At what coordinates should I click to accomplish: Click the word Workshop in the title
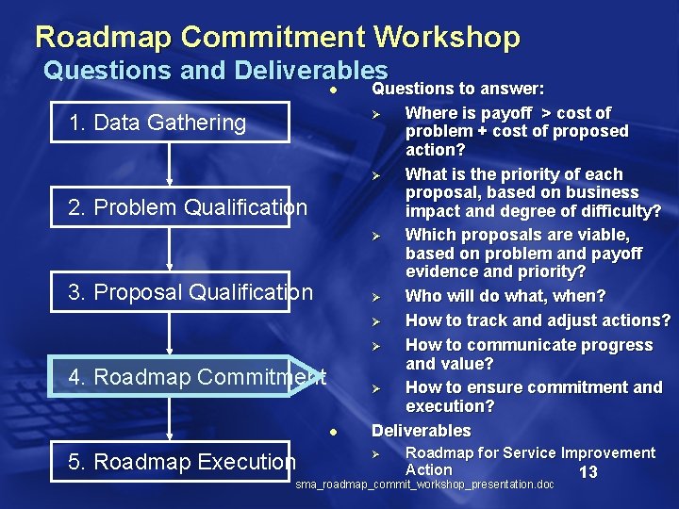(447, 37)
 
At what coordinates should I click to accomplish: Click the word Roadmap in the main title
(105, 37)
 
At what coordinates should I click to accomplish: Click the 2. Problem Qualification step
(188, 207)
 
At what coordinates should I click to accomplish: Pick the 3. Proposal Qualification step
(190, 292)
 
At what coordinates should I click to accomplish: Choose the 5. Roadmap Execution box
(181, 462)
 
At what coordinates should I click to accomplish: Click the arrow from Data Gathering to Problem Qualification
(170, 164)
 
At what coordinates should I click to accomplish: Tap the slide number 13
(588, 472)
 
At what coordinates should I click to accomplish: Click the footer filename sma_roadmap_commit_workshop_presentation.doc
(424, 484)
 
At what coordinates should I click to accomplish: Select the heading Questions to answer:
(457, 89)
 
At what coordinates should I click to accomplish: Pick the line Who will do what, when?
(505, 296)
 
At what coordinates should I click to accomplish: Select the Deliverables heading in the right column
(421, 431)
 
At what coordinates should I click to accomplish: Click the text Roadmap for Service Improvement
(529, 453)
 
